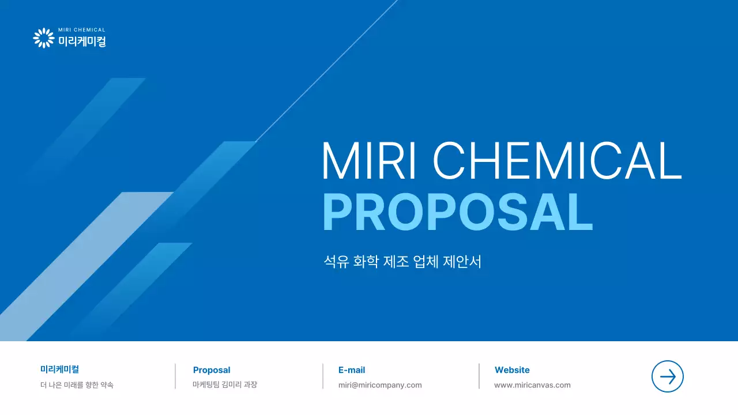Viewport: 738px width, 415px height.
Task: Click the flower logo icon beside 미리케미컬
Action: [43, 38]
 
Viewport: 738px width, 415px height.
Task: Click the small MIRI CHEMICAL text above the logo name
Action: [82, 30]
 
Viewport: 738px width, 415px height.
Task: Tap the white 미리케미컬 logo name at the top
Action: [82, 41]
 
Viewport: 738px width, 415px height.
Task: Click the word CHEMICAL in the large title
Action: [557, 161]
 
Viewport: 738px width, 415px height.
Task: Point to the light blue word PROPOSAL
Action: [458, 213]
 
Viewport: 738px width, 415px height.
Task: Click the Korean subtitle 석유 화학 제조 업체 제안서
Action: [402, 262]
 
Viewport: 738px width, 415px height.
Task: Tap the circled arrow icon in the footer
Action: [667, 377]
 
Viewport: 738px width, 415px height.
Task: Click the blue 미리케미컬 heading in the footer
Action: [59, 369]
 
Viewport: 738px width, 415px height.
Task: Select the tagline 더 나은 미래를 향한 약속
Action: [77, 385]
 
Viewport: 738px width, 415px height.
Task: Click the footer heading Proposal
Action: [212, 370]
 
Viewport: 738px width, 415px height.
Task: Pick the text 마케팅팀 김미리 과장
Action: [225, 384]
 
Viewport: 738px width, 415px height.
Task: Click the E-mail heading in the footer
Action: [352, 370]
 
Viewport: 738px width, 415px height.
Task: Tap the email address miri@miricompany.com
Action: [380, 385]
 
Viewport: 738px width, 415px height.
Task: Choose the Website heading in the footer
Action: [512, 370]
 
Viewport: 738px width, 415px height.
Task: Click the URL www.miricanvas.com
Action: [532, 385]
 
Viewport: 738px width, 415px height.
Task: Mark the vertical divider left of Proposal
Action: [175, 376]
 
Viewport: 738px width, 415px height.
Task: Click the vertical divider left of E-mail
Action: [323, 376]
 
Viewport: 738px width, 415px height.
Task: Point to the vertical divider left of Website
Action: [479, 376]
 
